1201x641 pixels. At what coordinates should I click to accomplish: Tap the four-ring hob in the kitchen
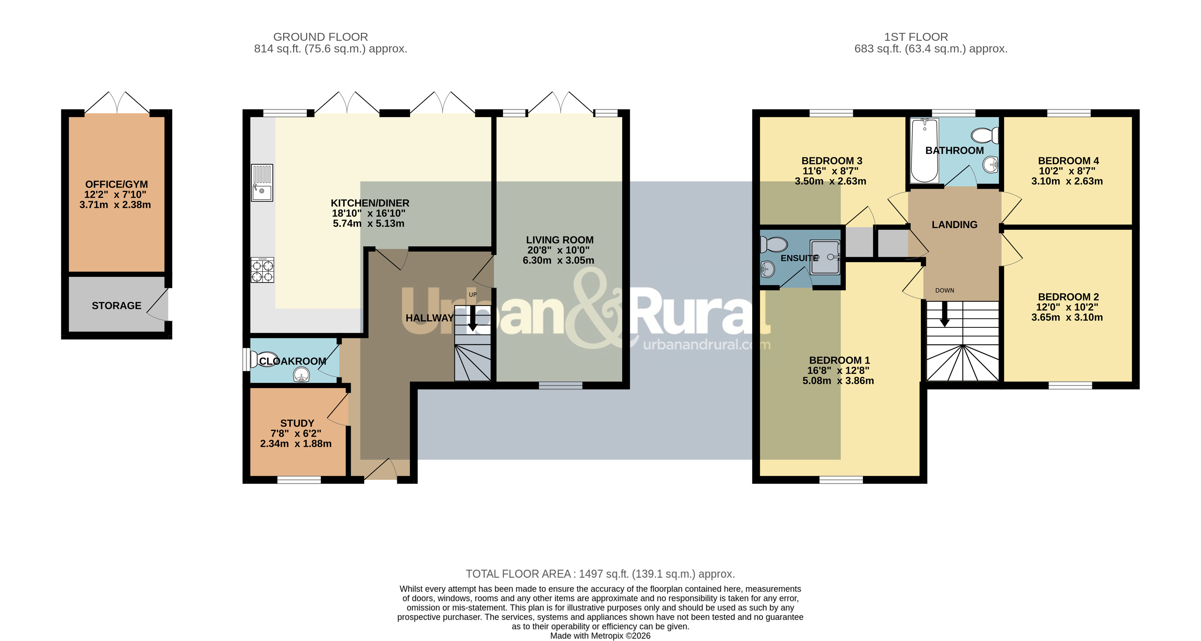[262, 270]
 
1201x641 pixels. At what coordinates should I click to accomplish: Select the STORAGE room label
[116, 305]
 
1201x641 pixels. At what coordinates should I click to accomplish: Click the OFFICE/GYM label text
[116, 184]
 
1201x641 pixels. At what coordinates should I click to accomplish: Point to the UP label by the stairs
[473, 294]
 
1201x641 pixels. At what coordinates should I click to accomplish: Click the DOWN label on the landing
[944, 290]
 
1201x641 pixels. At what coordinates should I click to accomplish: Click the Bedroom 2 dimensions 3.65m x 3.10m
[1067, 317]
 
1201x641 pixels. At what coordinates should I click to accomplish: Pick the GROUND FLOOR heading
[321, 37]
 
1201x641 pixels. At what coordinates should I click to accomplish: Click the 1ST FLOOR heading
[916, 37]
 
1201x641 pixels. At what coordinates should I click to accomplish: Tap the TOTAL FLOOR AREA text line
[601, 574]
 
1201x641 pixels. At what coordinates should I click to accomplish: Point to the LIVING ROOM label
[560, 240]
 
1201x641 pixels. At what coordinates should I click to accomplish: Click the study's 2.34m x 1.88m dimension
[296, 444]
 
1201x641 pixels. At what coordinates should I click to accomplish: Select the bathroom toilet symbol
[985, 136]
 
